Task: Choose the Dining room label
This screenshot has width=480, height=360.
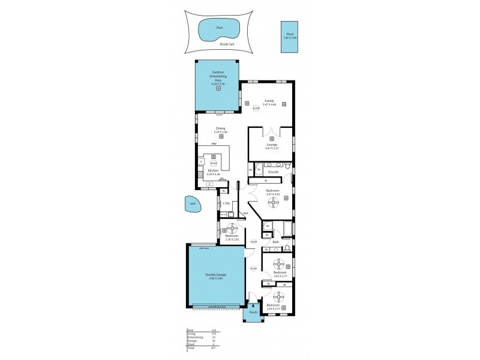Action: [221, 128]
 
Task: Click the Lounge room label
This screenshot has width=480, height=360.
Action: [271, 144]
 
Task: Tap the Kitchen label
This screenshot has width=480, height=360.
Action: [212, 170]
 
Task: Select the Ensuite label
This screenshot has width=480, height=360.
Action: [273, 172]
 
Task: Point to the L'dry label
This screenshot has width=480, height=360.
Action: [226, 203]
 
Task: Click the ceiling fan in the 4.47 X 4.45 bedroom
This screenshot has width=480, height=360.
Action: [273, 204]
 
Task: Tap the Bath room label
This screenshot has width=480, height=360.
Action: [275, 242]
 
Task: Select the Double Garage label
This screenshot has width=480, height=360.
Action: [217, 276]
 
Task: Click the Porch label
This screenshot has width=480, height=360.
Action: [253, 312]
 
